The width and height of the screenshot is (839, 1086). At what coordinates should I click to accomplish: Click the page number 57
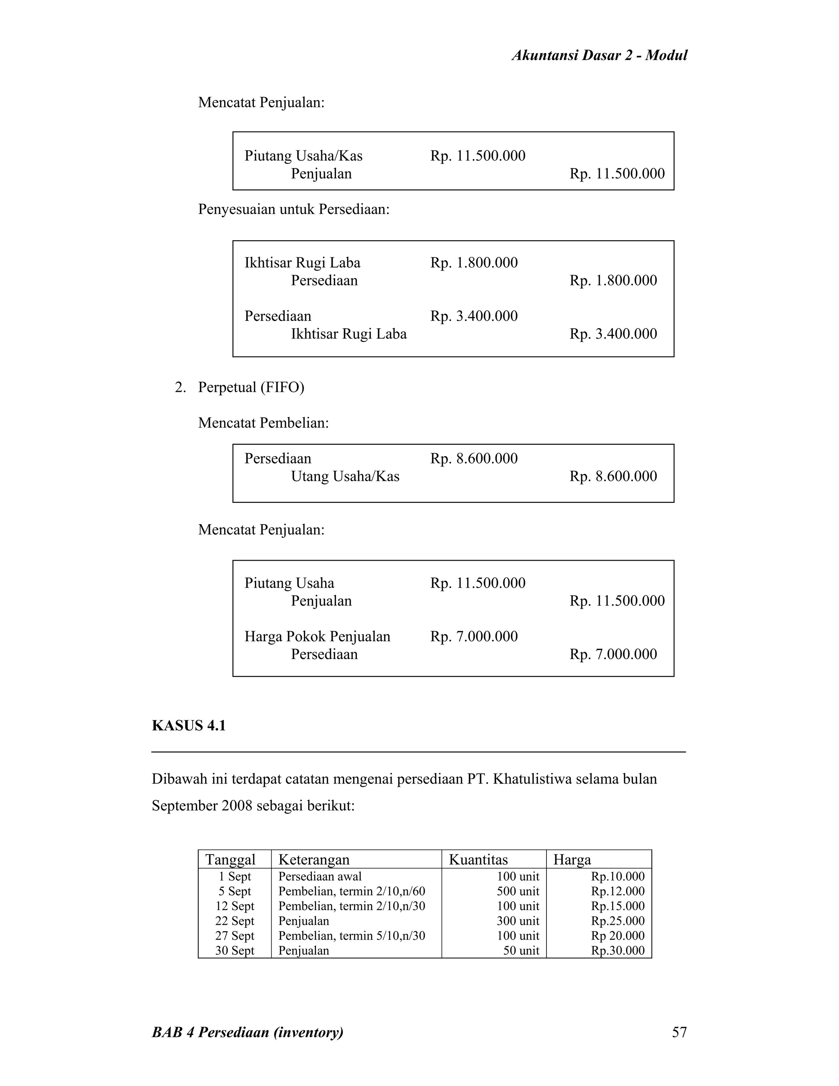679,1032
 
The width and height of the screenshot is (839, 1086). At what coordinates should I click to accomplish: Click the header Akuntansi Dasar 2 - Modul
599,55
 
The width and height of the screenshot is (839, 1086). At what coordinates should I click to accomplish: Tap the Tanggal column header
230,860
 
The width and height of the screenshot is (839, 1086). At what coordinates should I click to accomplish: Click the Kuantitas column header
478,860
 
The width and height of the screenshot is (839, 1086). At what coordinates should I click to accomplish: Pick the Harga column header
572,860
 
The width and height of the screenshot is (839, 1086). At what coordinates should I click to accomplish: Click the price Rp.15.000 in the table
617,906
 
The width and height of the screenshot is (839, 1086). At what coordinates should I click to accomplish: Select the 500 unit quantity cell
517,891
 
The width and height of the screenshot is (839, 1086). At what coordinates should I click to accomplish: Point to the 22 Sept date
235,921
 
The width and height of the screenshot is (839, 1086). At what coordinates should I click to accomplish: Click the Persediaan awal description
320,876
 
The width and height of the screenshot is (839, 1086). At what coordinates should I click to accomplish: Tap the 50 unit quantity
521,951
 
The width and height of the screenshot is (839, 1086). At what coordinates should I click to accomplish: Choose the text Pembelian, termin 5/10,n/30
351,936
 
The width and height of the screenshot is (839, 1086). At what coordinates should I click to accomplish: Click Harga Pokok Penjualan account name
317,636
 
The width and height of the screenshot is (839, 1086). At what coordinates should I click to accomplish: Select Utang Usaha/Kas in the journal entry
345,476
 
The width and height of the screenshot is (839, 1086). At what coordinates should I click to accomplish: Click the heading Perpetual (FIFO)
251,387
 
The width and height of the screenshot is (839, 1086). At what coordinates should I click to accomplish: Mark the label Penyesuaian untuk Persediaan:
294,209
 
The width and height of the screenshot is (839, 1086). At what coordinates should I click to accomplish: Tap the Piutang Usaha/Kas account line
303,156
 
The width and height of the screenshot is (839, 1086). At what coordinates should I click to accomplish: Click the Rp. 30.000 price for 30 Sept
617,951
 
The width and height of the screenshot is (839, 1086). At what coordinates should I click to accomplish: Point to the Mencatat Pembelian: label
263,423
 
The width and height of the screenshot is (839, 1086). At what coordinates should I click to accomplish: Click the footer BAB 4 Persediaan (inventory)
247,1032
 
